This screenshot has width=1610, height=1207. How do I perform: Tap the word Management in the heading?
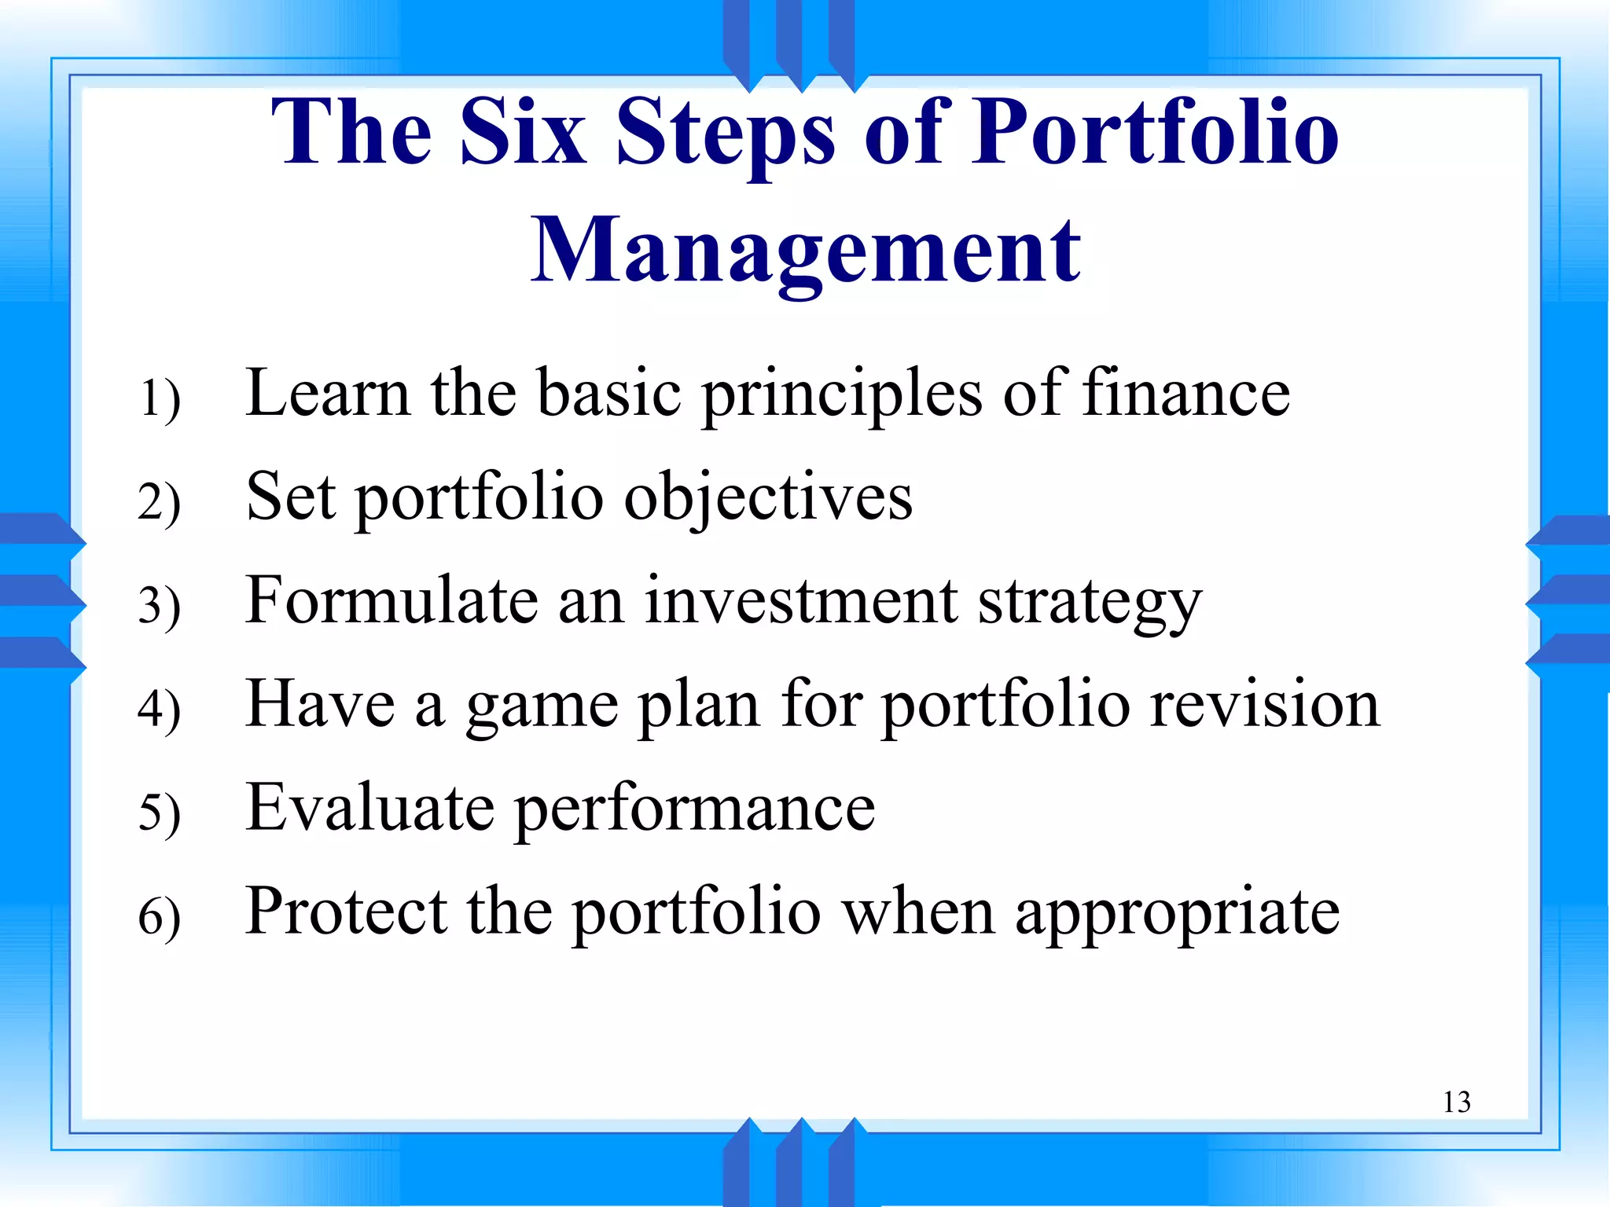(805, 251)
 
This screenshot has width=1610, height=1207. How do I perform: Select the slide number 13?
(1456, 1102)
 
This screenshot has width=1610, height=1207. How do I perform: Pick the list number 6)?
(160, 916)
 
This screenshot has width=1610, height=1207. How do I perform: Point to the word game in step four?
(542, 706)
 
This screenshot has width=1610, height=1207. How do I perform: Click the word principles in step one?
(841, 394)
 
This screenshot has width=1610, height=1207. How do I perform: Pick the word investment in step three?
(801, 602)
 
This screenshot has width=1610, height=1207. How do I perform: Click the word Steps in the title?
(725, 134)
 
